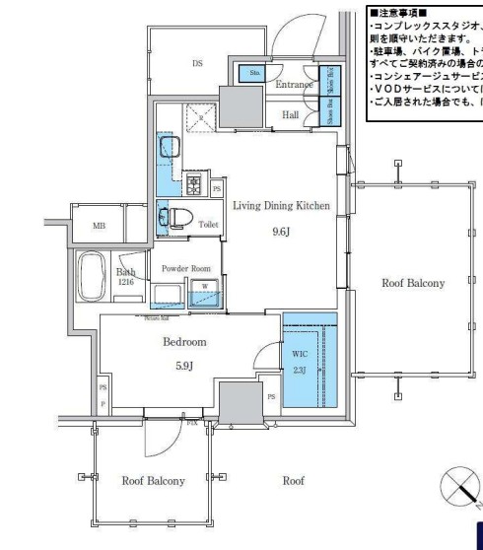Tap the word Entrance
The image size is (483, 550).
[x=294, y=86]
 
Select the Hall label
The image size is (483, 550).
[x=291, y=115]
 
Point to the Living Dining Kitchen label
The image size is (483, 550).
[x=281, y=206]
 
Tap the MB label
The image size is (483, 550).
[x=99, y=226]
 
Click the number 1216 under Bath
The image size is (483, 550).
[x=126, y=282]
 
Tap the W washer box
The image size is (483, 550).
[x=205, y=287]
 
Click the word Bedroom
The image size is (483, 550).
[x=183, y=342]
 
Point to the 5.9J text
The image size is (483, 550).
[x=183, y=364]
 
